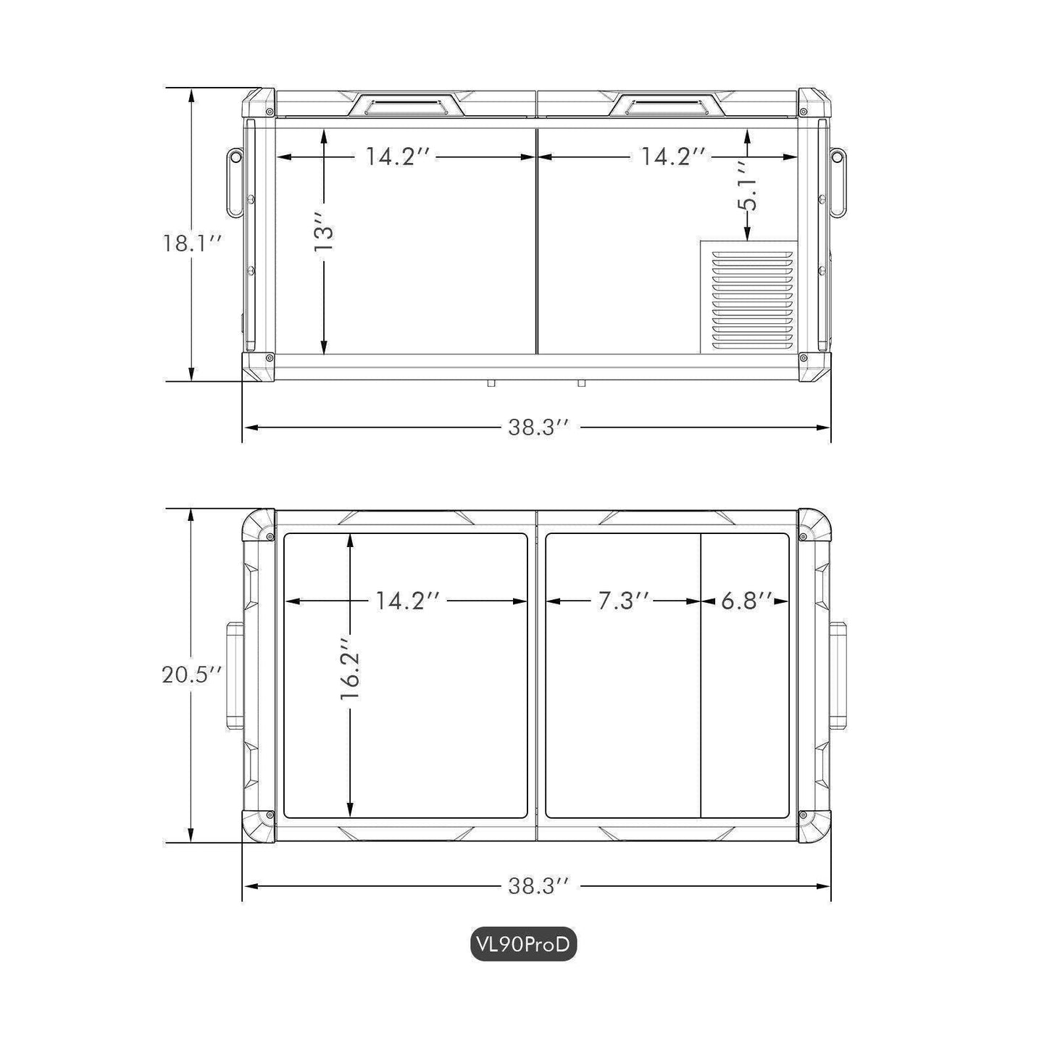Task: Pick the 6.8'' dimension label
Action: point(744,601)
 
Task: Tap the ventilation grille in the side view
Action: point(748,296)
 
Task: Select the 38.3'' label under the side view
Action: point(536,427)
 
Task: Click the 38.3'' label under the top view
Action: point(536,885)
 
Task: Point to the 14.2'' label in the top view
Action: point(408,601)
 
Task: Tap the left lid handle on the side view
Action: point(406,107)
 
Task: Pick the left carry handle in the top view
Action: point(235,676)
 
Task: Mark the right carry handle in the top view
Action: point(838,676)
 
